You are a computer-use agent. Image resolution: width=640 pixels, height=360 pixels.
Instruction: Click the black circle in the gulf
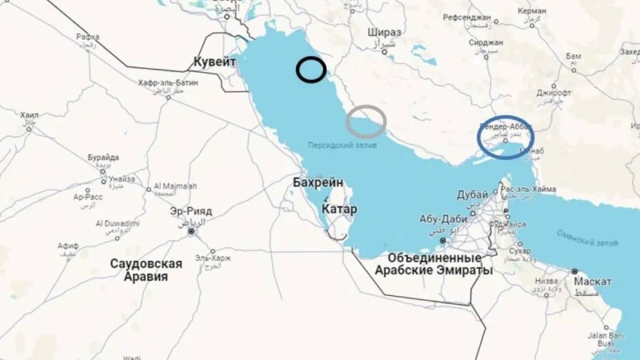pyautogui.click(x=310, y=70)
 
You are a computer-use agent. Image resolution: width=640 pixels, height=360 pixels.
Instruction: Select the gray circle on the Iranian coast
pyautogui.click(x=366, y=121)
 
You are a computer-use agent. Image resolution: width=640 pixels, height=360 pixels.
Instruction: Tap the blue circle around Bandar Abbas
pyautogui.click(x=506, y=138)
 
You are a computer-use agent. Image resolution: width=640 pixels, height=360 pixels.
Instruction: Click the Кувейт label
pyautogui.click(x=215, y=62)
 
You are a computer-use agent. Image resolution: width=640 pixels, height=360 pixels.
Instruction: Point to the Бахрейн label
pyautogui.click(x=318, y=183)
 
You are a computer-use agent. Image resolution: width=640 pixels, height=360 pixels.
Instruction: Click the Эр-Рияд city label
pyautogui.click(x=191, y=211)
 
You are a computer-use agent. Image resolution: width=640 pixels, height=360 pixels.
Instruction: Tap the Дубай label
pyautogui.click(x=472, y=194)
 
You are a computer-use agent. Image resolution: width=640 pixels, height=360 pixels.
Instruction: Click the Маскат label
pyautogui.click(x=592, y=282)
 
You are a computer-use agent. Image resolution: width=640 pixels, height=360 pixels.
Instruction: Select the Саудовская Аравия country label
pyautogui.click(x=146, y=270)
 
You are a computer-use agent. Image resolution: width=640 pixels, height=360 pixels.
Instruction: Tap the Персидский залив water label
pyautogui.click(x=342, y=145)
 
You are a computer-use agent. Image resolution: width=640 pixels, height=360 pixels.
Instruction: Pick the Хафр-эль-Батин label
pyautogui.click(x=167, y=82)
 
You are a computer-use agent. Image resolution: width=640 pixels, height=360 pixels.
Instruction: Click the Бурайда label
pyautogui.click(x=103, y=158)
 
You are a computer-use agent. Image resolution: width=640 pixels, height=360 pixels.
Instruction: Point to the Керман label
pyautogui.click(x=532, y=11)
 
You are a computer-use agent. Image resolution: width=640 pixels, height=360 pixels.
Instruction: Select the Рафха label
pyautogui.click(x=88, y=37)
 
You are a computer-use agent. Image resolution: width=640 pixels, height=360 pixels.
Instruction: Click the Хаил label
pyautogui.click(x=30, y=115)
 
